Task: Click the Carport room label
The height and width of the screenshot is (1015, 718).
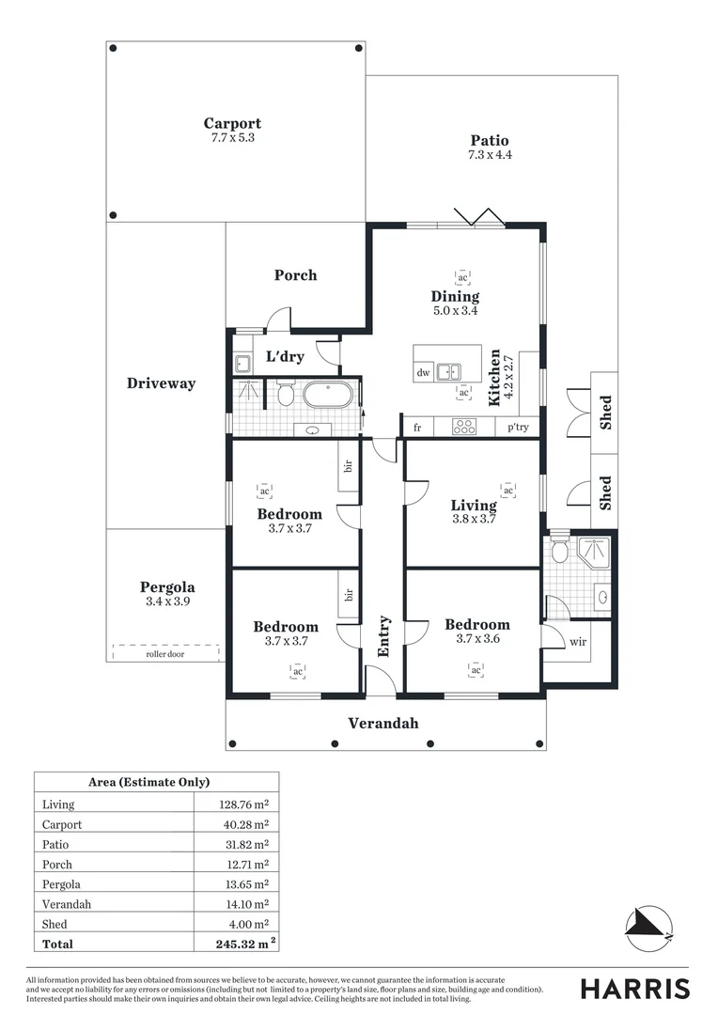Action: (232, 123)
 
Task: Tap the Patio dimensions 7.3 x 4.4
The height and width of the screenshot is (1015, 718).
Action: (490, 155)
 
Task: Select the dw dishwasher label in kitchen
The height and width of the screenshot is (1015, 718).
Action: (423, 372)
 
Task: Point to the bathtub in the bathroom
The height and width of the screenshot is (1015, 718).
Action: (327, 393)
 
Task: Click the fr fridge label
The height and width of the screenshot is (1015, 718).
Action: (416, 428)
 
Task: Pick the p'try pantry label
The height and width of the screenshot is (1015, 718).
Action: (518, 428)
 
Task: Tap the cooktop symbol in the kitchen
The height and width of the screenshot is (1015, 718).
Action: (464, 427)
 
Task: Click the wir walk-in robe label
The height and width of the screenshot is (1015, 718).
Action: (578, 644)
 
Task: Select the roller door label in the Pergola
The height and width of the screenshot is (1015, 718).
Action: (165, 654)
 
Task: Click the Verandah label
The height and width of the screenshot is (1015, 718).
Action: (383, 723)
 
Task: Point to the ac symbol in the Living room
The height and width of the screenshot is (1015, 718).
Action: (508, 490)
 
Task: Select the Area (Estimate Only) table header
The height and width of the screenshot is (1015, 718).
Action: (148, 782)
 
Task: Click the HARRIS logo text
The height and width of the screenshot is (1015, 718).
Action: (634, 989)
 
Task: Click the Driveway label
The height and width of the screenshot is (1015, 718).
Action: (162, 383)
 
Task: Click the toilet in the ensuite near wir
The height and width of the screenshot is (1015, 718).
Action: (559, 551)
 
